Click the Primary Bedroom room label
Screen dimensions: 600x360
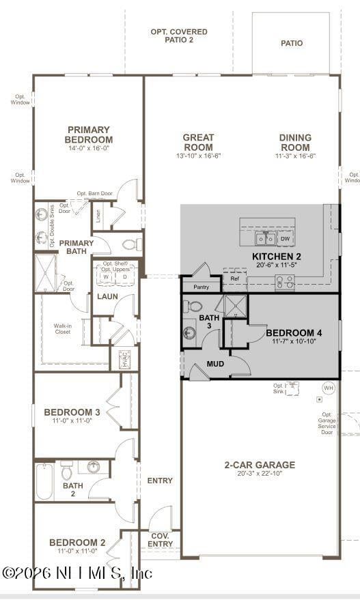coord(88,134)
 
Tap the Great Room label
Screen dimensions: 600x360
coord(198,142)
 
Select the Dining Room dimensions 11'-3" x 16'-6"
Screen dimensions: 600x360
coord(295,156)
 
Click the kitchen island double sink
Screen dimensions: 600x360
coord(266,238)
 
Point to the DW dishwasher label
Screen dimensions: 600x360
coord(285,239)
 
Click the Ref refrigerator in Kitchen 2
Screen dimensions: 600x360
coord(234,279)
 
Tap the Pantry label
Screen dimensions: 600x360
coord(201,287)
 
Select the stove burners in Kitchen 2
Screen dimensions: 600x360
coord(284,281)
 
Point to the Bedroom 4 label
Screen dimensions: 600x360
coord(294,332)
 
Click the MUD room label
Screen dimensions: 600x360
coord(215,364)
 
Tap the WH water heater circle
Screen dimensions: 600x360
coord(329,388)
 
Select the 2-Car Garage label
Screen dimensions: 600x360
coord(260,465)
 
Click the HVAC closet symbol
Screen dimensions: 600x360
coord(124,360)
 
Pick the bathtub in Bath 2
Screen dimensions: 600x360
coord(43,482)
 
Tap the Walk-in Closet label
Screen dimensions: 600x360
coord(63,329)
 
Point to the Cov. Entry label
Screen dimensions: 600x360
coord(160,539)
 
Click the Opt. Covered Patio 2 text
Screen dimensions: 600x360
coord(179,35)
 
